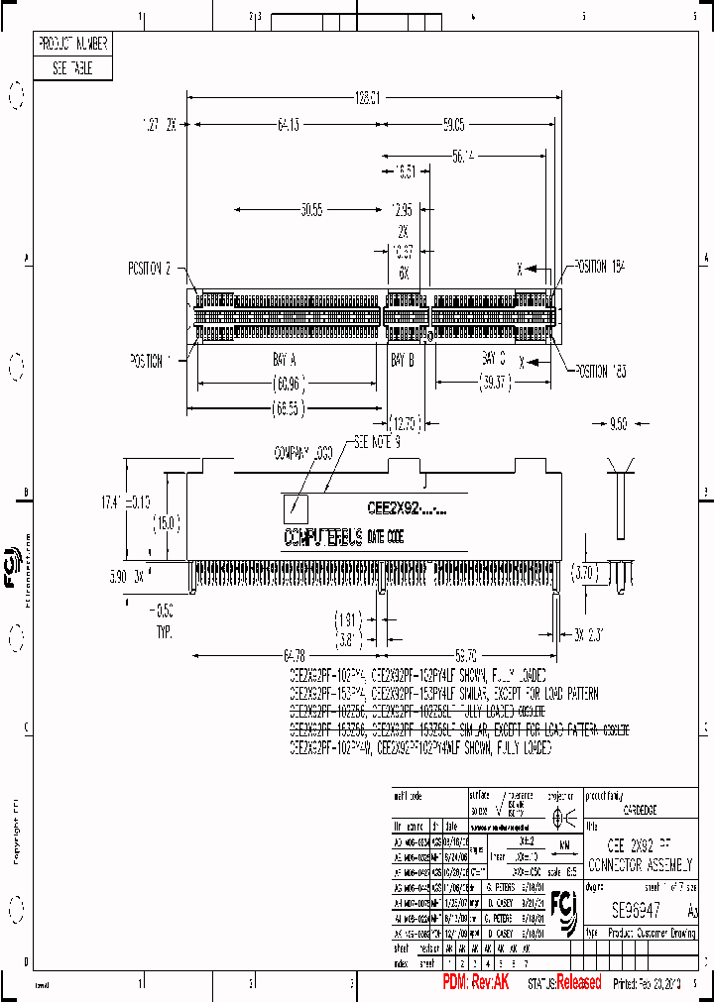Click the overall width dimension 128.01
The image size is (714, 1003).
click(x=368, y=98)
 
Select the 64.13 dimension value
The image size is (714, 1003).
click(x=289, y=125)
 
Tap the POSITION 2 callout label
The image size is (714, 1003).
click(x=150, y=269)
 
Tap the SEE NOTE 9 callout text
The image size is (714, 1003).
click(x=377, y=444)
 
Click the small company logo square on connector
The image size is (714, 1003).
click(x=296, y=509)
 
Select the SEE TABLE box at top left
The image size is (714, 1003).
click(x=73, y=68)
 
